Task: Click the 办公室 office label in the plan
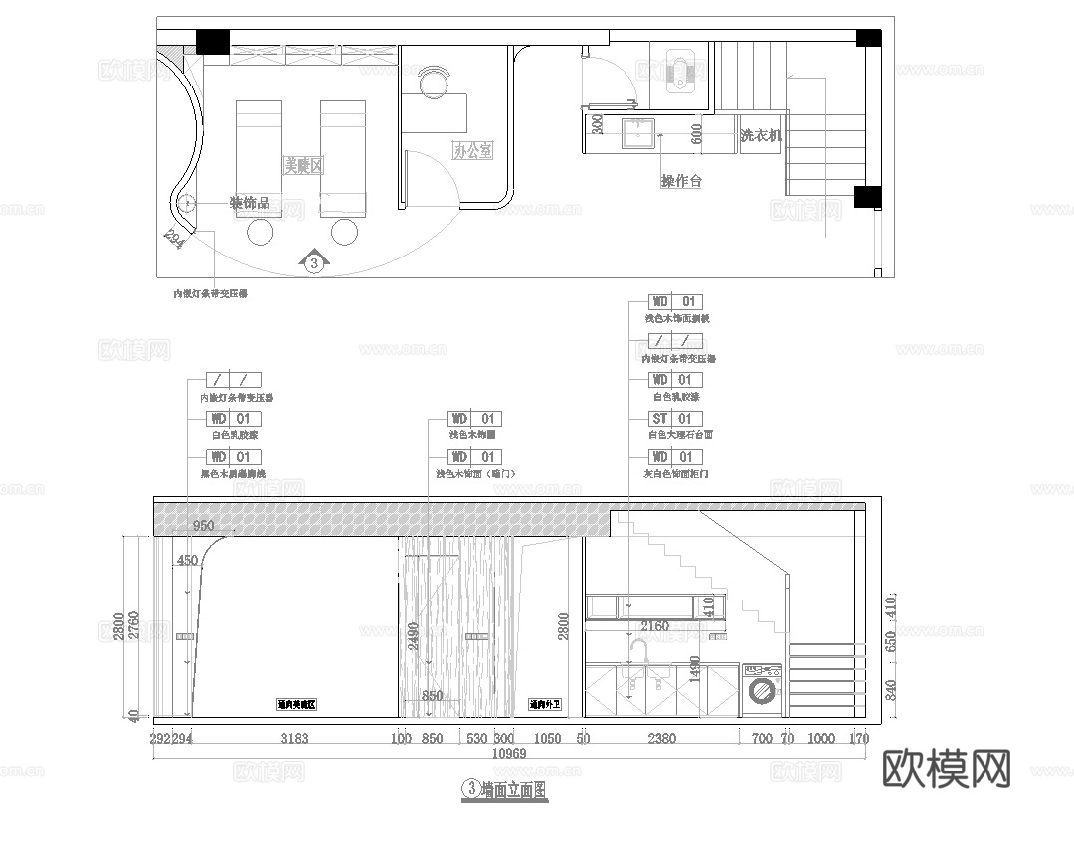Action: (472, 151)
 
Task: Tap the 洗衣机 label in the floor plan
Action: (761, 135)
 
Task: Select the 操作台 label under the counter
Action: (681, 181)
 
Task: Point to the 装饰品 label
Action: (249, 203)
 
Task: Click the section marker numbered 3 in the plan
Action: (314, 262)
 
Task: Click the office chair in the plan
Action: (435, 83)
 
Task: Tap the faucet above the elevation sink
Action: (638, 652)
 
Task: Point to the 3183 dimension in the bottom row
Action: (294, 739)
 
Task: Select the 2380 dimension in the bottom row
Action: (661, 739)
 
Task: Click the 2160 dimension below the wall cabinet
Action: (653, 627)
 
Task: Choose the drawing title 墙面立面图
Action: (513, 790)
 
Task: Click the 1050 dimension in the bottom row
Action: (546, 739)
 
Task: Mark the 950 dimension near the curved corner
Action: (203, 526)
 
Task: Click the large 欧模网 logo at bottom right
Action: (947, 768)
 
